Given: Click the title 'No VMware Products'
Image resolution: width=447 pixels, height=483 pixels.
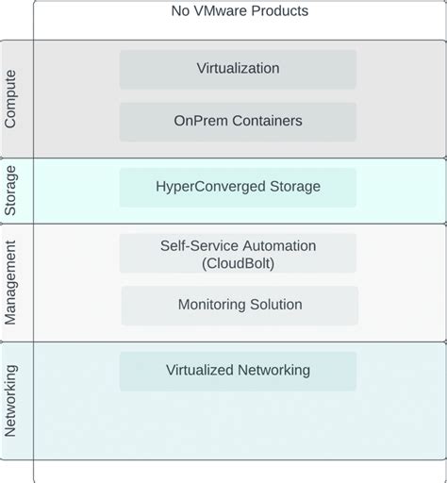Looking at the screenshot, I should [x=240, y=11].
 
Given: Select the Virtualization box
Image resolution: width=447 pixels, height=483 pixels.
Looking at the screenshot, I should [x=238, y=69].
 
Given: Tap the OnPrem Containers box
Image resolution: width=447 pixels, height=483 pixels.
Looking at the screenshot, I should [x=238, y=121].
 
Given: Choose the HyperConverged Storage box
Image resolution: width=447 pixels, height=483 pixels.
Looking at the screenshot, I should [x=238, y=187].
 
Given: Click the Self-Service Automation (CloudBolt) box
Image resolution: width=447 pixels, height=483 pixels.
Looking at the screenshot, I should [x=238, y=254].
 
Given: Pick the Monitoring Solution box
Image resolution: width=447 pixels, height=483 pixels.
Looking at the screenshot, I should [x=240, y=305].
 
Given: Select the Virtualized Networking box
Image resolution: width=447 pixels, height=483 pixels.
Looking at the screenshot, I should [x=238, y=371].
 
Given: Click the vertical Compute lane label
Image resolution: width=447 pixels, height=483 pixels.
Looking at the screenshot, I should [x=11, y=98].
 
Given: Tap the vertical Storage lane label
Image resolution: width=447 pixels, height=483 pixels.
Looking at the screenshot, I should [x=11, y=190].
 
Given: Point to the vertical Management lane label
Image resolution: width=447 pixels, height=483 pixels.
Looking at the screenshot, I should [x=11, y=282].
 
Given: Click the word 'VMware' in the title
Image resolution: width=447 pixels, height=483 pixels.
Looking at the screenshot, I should [x=223, y=11].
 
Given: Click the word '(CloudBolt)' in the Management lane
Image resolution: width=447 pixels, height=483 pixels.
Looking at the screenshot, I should [x=238, y=263].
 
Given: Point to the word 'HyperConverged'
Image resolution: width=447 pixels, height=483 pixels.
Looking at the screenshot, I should [x=209, y=187].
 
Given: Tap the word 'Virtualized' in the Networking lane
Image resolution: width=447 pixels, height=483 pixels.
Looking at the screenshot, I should [x=200, y=371].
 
